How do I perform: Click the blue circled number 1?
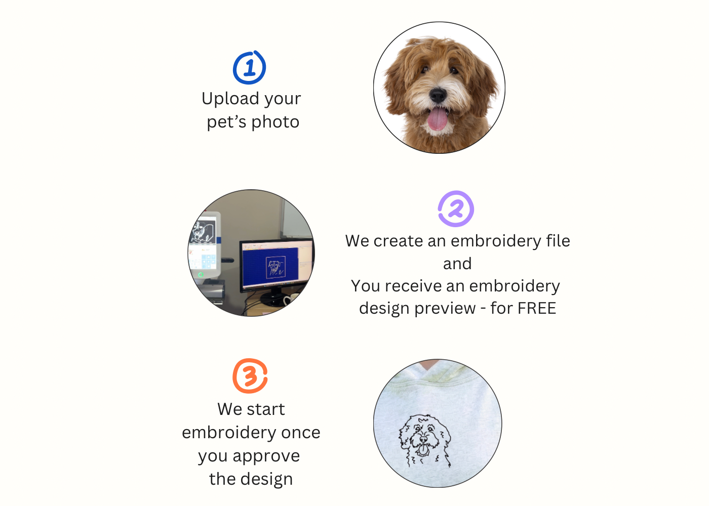pos(249,68)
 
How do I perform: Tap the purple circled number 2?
pos(456,209)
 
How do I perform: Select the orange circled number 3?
pos(250,376)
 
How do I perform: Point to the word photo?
pos(275,122)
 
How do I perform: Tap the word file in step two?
pos(558,241)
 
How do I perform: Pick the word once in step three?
pos(301,433)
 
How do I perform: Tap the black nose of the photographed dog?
pos(438,94)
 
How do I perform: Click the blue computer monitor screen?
pos(273,265)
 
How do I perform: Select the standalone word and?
pos(457,264)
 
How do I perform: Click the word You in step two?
pos(365,286)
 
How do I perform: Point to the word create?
pos(398,241)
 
